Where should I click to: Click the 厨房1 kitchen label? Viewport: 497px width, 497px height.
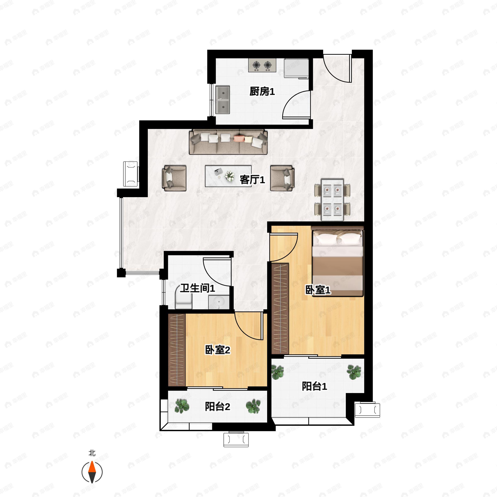point(262,91)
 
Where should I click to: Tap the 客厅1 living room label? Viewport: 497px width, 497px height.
point(252,180)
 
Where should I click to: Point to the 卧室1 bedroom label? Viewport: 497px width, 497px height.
point(318,290)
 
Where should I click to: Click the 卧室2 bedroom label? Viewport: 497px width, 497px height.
point(217,350)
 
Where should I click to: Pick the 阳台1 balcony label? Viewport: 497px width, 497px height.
point(314,386)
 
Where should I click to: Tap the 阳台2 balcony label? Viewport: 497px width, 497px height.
point(217,407)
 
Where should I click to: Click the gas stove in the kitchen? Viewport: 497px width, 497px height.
point(262,65)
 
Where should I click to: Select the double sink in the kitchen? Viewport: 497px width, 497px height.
point(223,100)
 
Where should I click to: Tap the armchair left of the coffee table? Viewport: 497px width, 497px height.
point(174,178)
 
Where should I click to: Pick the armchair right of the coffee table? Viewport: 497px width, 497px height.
point(282,178)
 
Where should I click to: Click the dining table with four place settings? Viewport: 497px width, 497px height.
point(332,200)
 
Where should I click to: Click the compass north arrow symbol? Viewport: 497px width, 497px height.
point(92,472)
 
